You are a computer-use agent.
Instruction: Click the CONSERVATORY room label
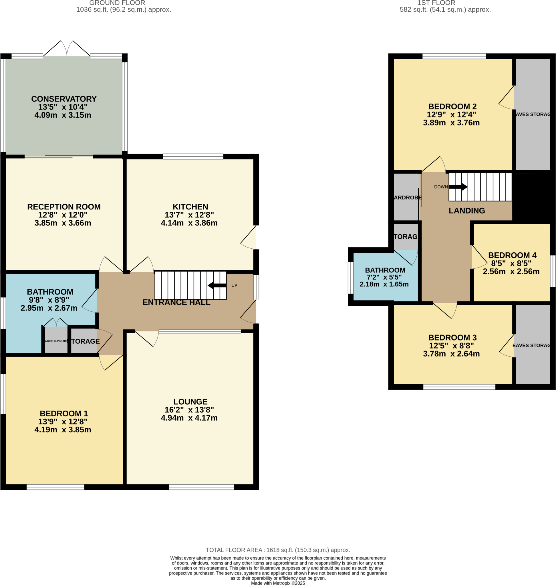pos(64,99)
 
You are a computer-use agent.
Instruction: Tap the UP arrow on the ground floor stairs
pos(217,285)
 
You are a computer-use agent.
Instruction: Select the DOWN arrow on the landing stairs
pos(458,187)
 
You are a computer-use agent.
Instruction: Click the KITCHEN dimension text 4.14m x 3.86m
pos(189,223)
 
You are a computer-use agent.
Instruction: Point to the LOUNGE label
pos(190,401)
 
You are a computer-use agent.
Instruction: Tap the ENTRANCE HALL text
pos(176,302)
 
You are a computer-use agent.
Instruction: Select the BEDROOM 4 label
pos(512,255)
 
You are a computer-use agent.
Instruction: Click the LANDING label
pos(466,211)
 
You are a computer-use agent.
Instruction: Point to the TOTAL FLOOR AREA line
pos(278,550)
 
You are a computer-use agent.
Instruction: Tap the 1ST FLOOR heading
pos(436,3)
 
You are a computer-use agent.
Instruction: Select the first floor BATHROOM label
pos(385,270)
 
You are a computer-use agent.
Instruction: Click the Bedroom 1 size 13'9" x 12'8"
pos(63,421)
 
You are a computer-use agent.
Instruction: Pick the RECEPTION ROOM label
pos(64,207)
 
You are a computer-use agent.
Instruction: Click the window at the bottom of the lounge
pos(201,487)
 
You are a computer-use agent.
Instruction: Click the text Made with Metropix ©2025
pos(278,583)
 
